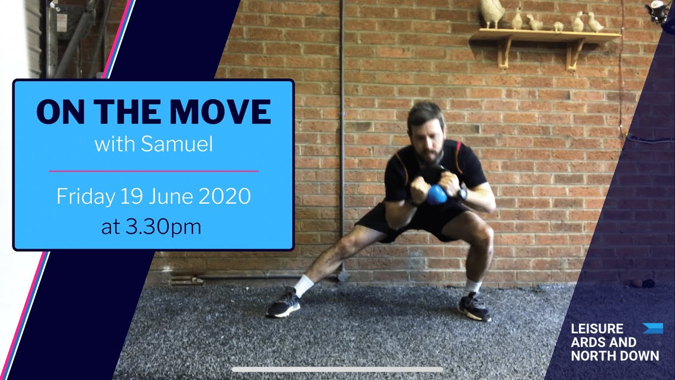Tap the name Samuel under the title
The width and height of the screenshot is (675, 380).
(x=177, y=144)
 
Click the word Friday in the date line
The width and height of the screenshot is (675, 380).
(x=85, y=197)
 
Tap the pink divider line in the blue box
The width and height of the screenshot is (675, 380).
(x=153, y=171)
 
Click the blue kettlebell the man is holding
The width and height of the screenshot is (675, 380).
(x=437, y=195)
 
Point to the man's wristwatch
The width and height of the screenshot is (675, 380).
(x=462, y=194)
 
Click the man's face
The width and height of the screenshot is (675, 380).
(x=427, y=139)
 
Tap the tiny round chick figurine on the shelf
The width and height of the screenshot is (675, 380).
(x=558, y=26)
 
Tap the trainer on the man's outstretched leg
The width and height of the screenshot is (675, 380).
(x=284, y=305)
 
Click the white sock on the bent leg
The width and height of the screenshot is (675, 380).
(x=472, y=287)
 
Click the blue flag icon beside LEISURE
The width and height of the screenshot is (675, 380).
(x=652, y=328)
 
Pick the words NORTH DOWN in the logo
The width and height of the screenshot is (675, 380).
(x=614, y=355)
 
